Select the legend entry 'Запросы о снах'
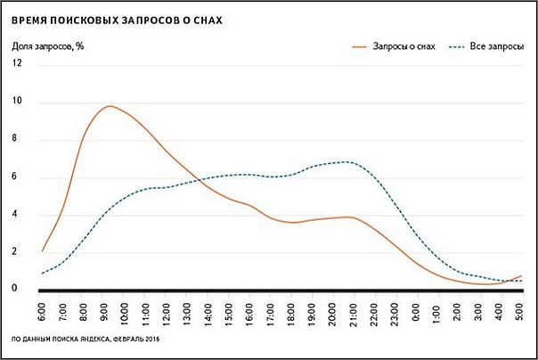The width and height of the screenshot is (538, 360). tap(405, 46)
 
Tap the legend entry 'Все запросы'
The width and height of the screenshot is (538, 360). tap(497, 46)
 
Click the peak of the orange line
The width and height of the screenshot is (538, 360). tap(109, 106)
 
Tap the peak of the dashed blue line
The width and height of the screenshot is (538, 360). tap(347, 161)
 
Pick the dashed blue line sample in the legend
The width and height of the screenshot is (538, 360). tap(456, 46)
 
